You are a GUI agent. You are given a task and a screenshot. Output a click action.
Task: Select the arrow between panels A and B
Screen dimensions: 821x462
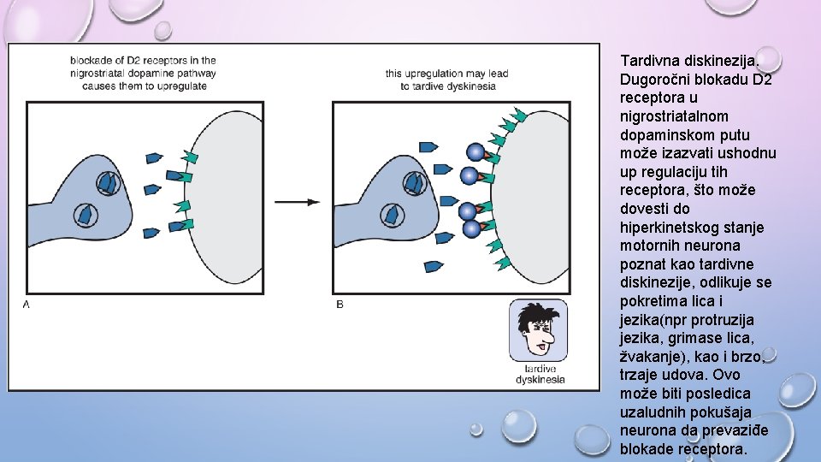[297, 202]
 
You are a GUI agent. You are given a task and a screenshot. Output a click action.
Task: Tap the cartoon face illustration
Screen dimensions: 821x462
[538, 331]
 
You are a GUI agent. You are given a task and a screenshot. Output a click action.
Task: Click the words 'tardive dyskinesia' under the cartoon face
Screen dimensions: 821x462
[540, 374]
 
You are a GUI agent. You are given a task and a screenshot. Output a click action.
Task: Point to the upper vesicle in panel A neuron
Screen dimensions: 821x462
[108, 181]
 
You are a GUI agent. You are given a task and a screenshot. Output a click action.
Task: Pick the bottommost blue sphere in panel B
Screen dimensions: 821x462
[471, 228]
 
